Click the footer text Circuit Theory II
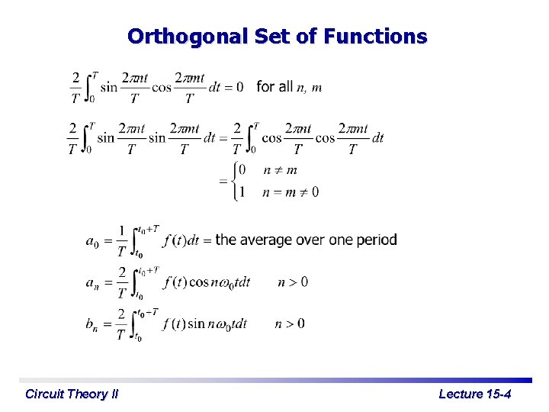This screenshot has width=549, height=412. pos(72,394)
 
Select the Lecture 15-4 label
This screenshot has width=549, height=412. pos(474,394)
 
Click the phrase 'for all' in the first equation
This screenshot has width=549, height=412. pos(274,87)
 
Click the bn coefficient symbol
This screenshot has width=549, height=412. pos(91,324)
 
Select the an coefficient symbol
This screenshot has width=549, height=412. pos(91,283)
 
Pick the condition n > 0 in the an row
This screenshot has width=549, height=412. pos(293,282)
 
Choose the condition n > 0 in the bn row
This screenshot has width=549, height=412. pos(290,324)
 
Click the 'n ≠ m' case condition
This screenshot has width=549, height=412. pos(280,169)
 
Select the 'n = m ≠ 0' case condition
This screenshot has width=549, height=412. pos(290,192)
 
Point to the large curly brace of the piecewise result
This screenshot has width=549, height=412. pos(233,181)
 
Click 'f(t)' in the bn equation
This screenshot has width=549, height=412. pos(175,324)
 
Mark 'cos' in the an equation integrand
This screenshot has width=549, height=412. pos(200,283)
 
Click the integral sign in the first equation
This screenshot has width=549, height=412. pos(90,87)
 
